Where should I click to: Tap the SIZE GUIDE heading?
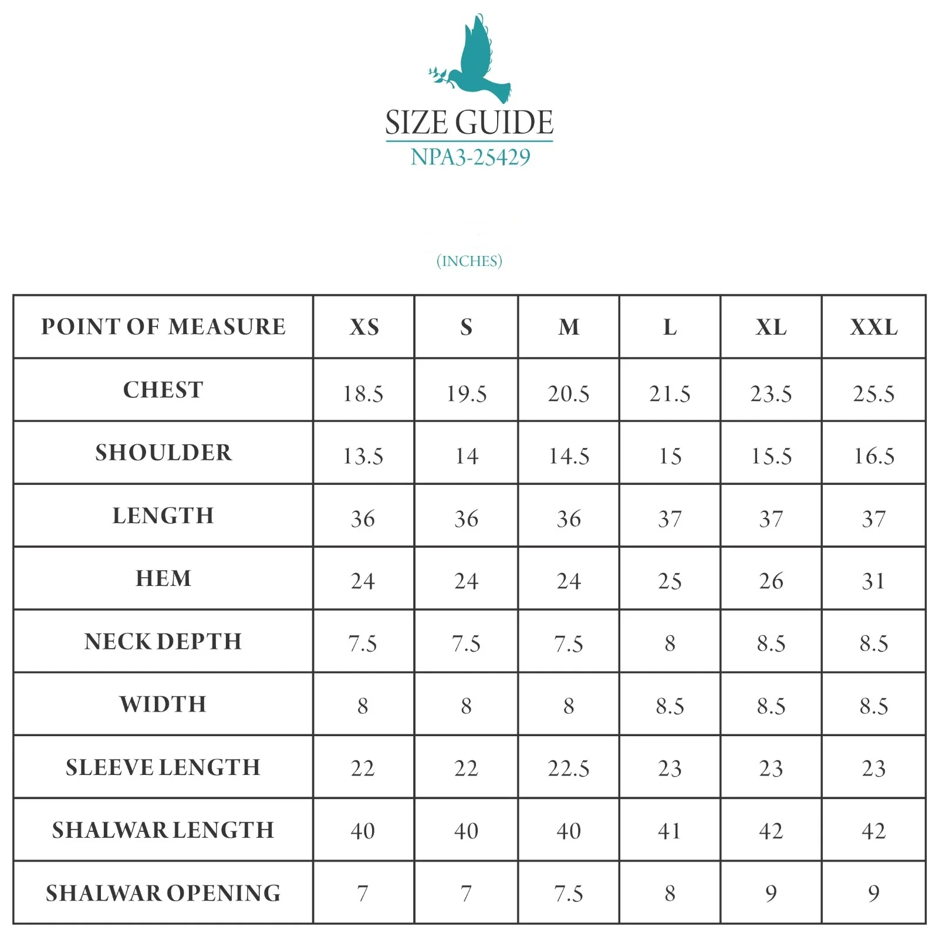(469, 123)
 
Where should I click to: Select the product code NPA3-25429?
(470, 157)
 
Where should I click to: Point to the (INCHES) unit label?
(469, 261)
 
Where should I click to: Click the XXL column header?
(873, 327)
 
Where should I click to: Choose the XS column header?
(364, 327)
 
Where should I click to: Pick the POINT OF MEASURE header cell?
(163, 326)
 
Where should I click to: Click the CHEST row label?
(163, 390)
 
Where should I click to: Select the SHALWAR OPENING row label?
(163, 893)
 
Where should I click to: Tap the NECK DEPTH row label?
(163, 641)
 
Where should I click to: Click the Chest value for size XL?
(771, 393)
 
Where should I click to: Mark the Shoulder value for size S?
(467, 456)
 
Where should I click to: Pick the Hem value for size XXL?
(873, 581)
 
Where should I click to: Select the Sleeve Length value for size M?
(568, 768)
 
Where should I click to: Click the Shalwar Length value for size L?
(670, 831)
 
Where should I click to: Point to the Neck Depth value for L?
(670, 643)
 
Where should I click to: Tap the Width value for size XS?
(363, 706)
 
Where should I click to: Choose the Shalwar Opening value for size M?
(568, 894)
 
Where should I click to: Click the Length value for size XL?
(771, 519)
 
